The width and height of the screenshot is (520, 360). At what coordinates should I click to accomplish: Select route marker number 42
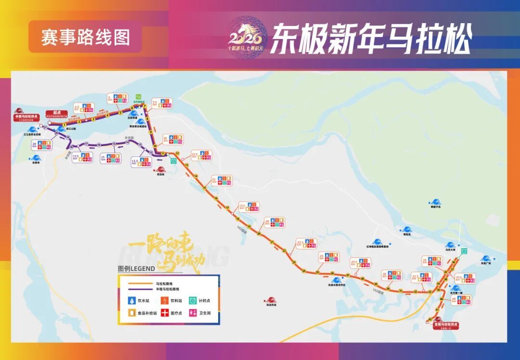[x=430, y=319]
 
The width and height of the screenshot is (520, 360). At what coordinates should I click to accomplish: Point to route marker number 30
[x=388, y=289]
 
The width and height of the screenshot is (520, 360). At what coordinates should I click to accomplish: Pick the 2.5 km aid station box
[x=83, y=108]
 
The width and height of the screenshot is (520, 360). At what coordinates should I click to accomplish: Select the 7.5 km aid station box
[x=162, y=103]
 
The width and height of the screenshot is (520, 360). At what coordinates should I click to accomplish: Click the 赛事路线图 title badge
[x=85, y=37]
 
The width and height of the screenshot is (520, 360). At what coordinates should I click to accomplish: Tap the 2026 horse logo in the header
[x=246, y=37]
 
